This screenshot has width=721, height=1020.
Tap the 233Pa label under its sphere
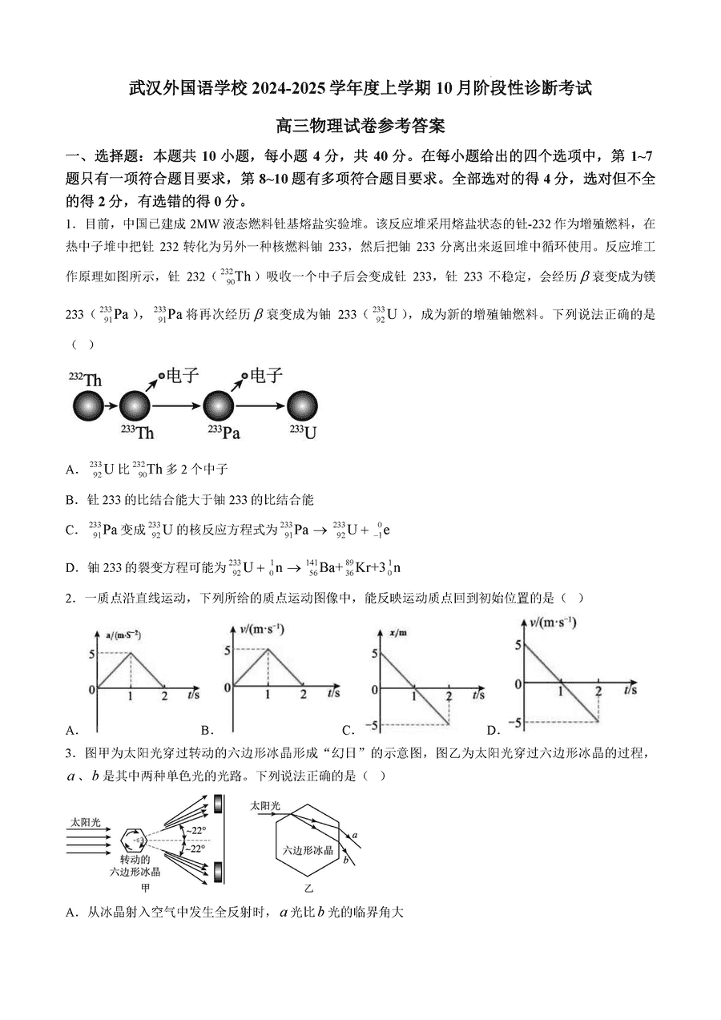click(224, 433)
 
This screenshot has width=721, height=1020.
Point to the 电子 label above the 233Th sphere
click(183, 375)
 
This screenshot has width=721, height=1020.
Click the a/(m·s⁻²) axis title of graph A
click(124, 635)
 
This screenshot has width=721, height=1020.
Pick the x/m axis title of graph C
click(397, 633)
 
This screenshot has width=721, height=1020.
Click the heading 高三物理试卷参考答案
click(360, 125)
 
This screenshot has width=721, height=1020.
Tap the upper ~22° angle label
click(196, 829)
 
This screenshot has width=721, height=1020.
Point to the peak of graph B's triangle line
click(268, 650)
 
